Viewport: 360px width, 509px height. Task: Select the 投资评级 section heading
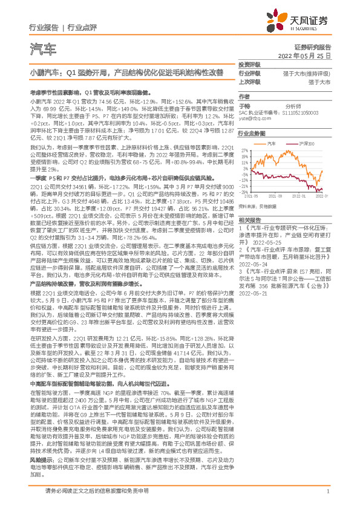249,65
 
